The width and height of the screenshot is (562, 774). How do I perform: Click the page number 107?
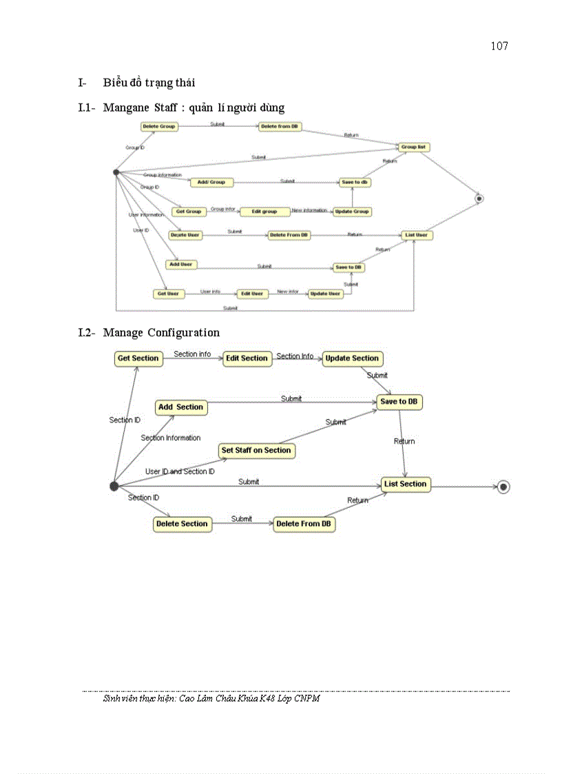(499, 46)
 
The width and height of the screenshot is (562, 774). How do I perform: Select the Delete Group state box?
(159, 127)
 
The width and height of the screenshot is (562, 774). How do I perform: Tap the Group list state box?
(414, 147)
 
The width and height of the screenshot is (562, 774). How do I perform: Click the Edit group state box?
(264, 212)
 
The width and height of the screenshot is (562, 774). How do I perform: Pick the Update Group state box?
(352, 212)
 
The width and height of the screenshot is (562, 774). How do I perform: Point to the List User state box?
(417, 235)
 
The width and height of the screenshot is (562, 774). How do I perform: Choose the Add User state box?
(181, 264)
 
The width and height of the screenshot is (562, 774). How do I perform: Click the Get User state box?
(168, 294)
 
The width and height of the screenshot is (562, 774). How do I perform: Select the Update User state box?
(325, 294)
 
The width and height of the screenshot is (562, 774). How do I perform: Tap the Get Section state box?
(138, 358)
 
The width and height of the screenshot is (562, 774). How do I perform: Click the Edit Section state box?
(246, 358)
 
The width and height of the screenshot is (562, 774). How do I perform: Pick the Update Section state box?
(352, 358)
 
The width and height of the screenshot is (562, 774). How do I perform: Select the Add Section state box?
(180, 407)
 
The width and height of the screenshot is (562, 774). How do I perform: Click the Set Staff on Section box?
(256, 451)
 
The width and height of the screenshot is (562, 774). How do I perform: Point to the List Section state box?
(406, 484)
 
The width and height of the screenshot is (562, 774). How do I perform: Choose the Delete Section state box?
(182, 524)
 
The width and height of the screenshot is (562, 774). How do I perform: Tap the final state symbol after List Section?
(503, 487)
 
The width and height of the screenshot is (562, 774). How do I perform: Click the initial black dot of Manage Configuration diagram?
(114, 487)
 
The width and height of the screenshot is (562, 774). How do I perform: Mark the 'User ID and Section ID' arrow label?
(180, 471)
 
